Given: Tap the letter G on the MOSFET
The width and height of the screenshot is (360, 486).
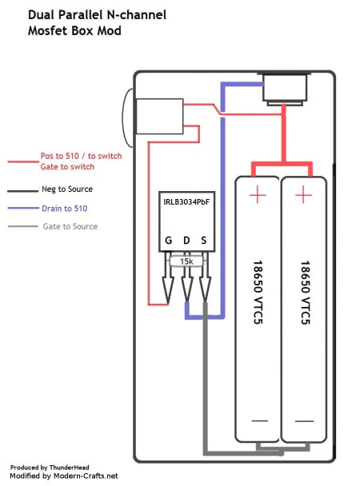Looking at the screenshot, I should [x=169, y=240].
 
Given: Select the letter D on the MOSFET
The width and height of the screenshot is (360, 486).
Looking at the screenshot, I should [x=186, y=240].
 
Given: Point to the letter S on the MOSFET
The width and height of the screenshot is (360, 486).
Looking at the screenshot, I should [x=204, y=240].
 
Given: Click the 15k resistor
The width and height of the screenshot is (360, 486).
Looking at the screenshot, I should [x=186, y=261].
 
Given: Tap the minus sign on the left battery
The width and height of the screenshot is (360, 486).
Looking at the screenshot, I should [x=258, y=420].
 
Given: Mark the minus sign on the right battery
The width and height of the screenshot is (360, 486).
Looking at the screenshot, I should [x=303, y=420].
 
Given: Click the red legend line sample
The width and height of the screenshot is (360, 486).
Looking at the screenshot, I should [x=19, y=161].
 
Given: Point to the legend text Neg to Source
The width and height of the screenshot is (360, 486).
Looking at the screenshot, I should [x=67, y=189].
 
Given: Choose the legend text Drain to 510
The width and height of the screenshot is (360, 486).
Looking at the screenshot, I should [x=67, y=208].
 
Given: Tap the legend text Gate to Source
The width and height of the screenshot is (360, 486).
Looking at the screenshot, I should [x=70, y=226].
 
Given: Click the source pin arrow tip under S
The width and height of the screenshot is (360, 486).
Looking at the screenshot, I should [x=205, y=303].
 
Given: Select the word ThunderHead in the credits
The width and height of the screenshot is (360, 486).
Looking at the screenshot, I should [x=70, y=466].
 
